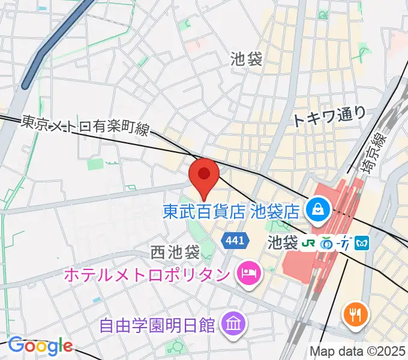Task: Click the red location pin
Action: (x=203, y=175)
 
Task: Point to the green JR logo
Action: (x=308, y=244)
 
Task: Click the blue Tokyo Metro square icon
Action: (x=362, y=244)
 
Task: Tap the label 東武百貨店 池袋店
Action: (x=232, y=211)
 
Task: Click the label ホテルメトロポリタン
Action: (x=146, y=275)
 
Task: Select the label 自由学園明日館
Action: (x=157, y=325)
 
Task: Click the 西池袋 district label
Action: (x=175, y=250)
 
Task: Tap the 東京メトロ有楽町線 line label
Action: (x=83, y=125)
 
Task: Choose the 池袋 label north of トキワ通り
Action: (x=246, y=58)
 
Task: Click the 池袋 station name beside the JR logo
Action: (x=282, y=244)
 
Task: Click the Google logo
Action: (x=40, y=346)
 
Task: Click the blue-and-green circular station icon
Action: (x=327, y=244)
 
